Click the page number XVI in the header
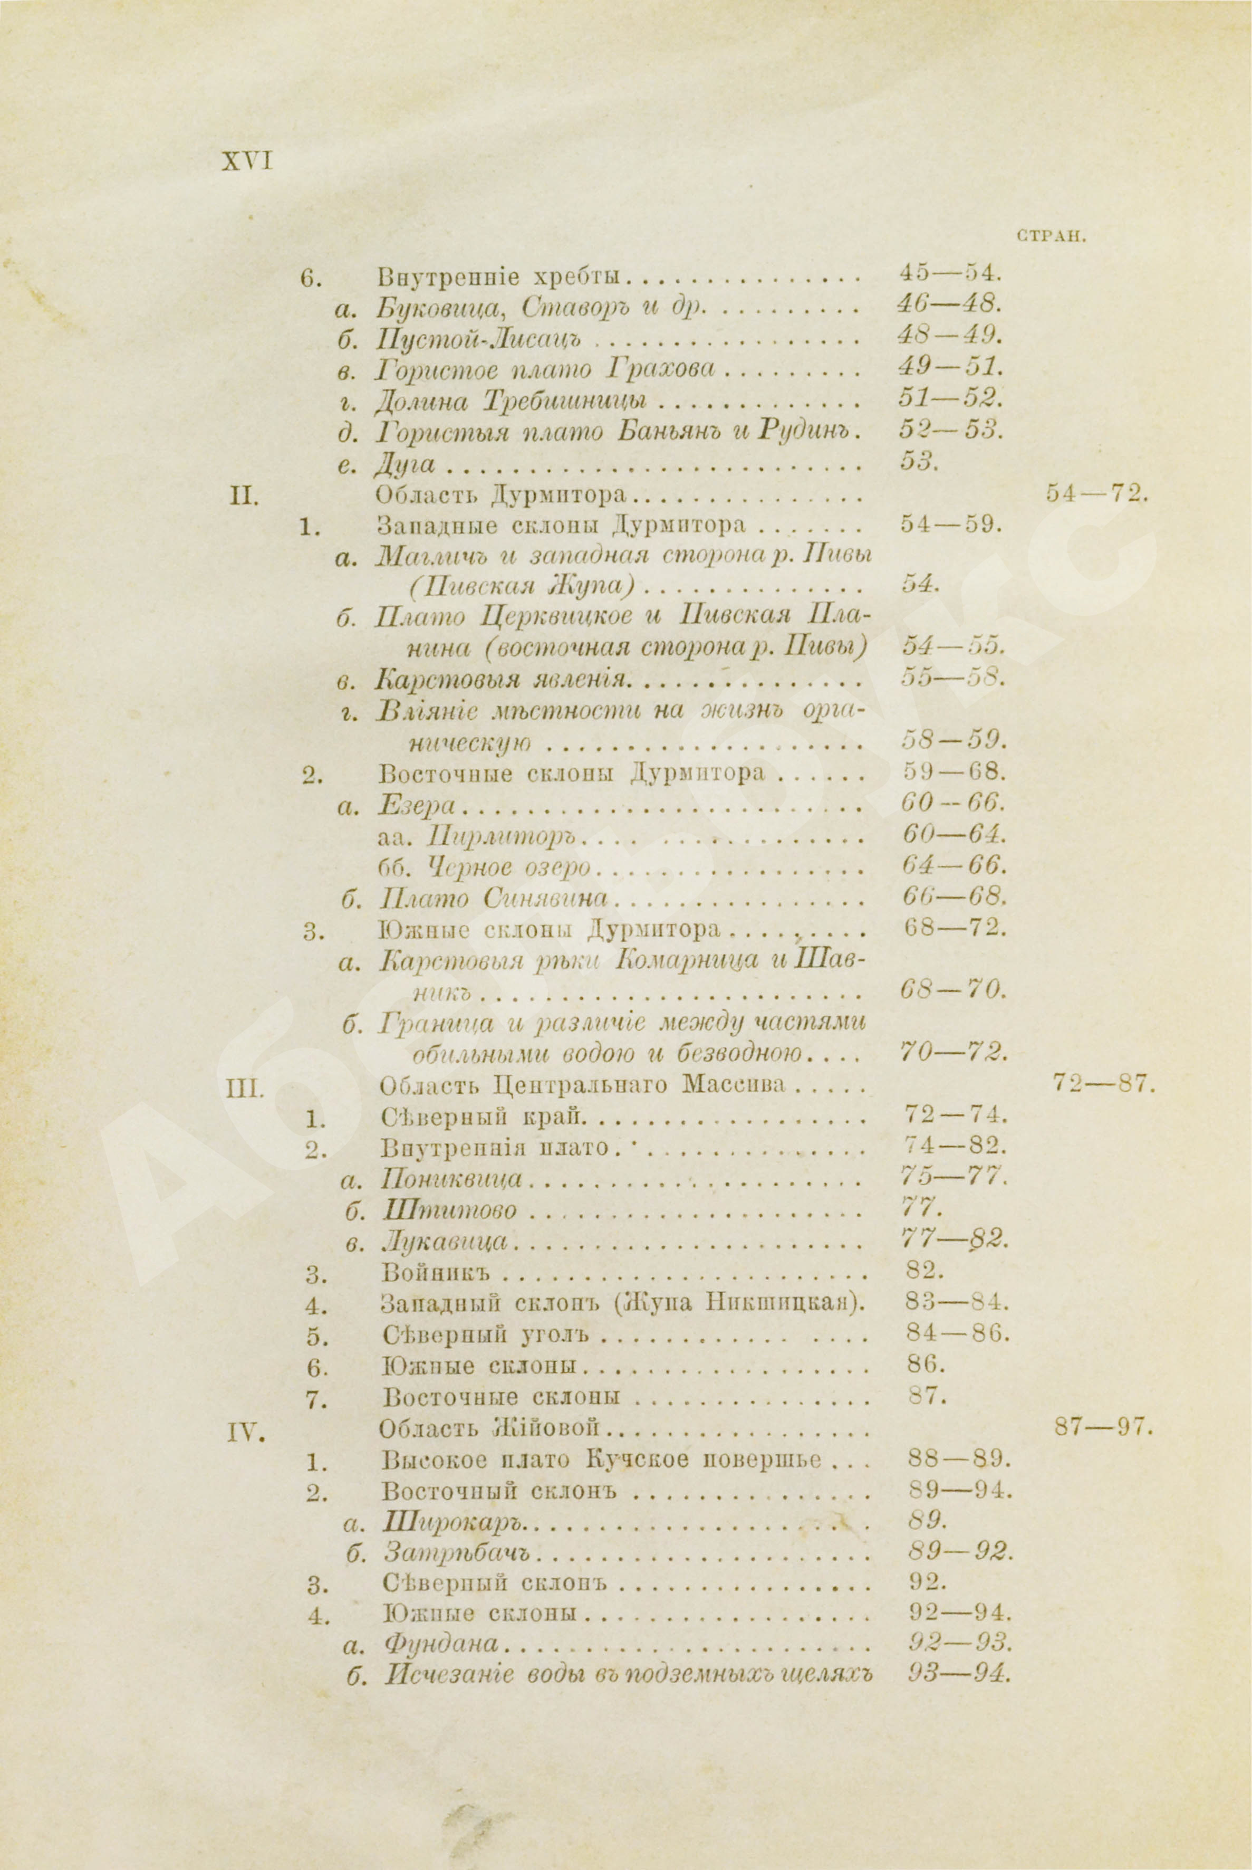point(247,161)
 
